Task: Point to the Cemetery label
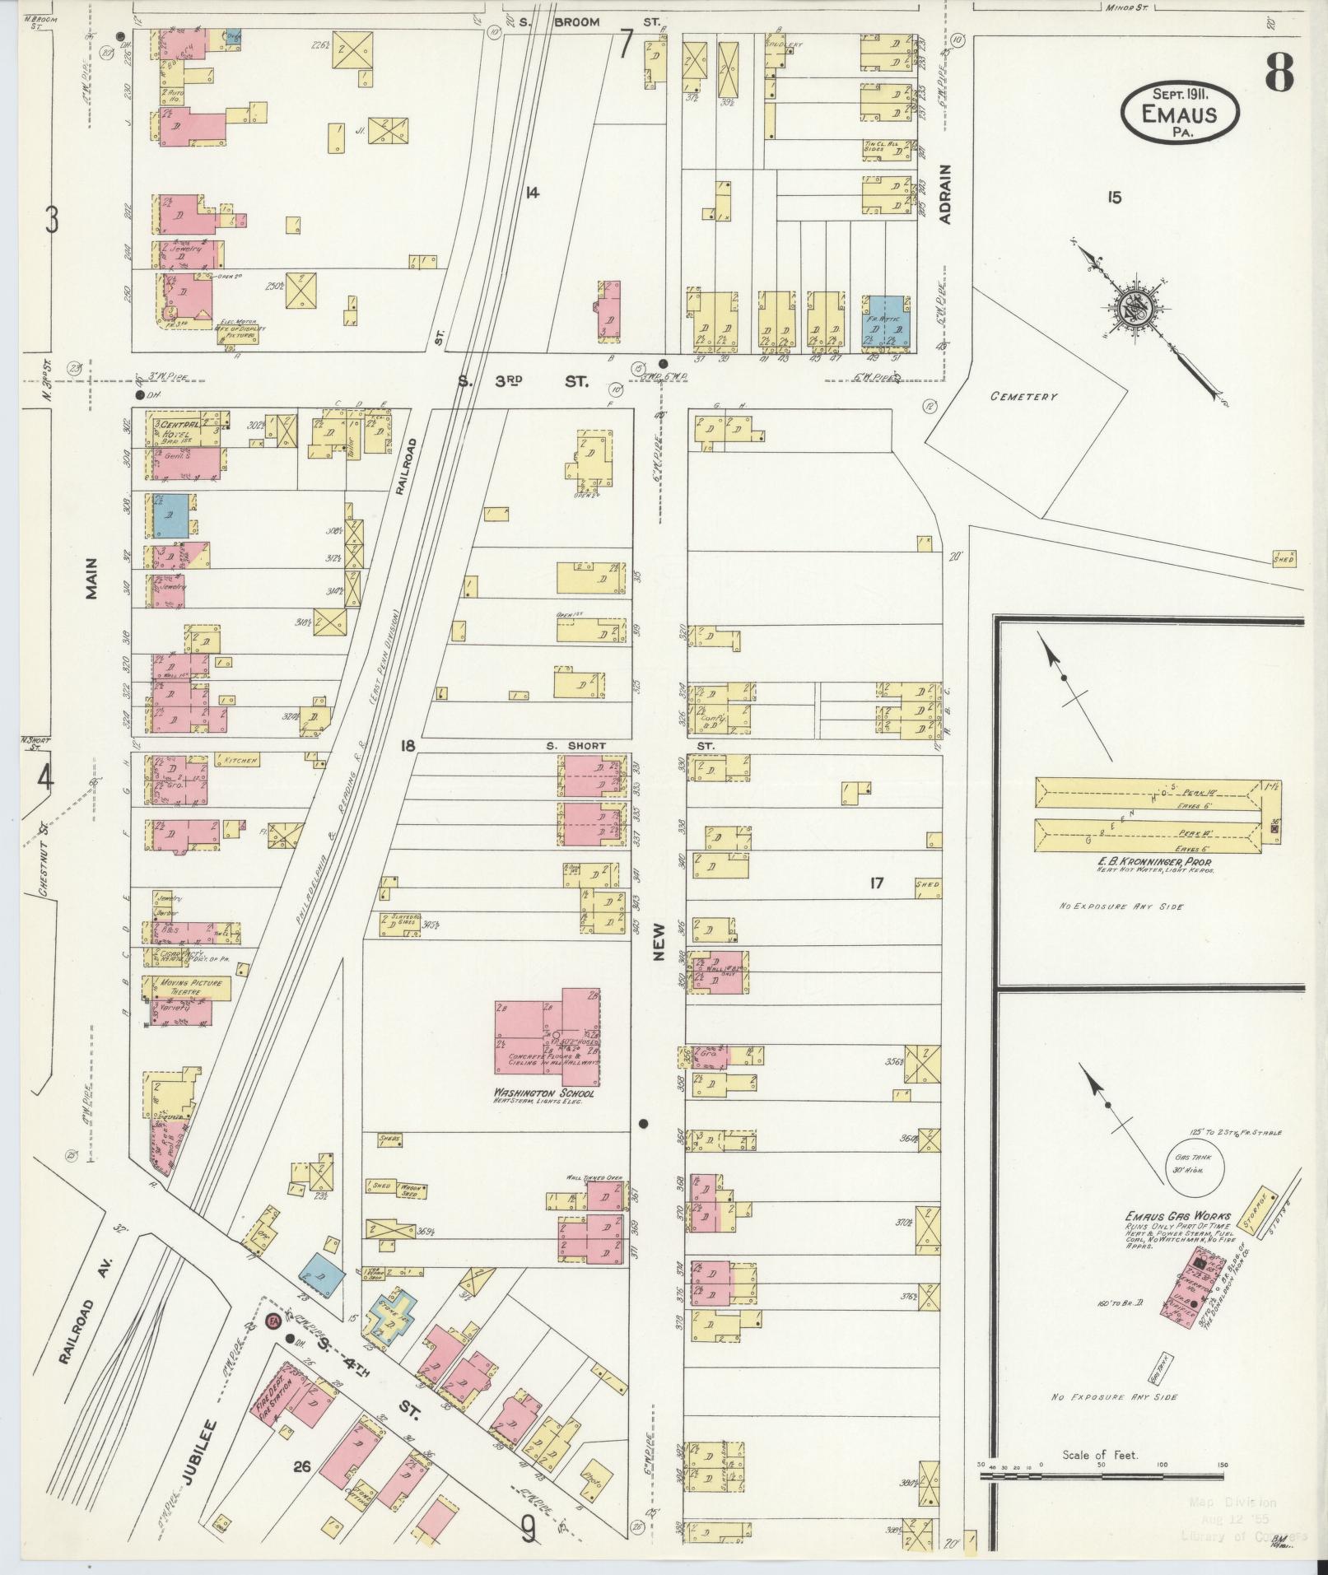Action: tap(1023, 397)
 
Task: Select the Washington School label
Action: tap(543, 1093)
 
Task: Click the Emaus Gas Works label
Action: tap(1166, 1215)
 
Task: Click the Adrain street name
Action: tap(945, 194)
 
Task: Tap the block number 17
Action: tap(875, 883)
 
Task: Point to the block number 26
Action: tap(301, 1465)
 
